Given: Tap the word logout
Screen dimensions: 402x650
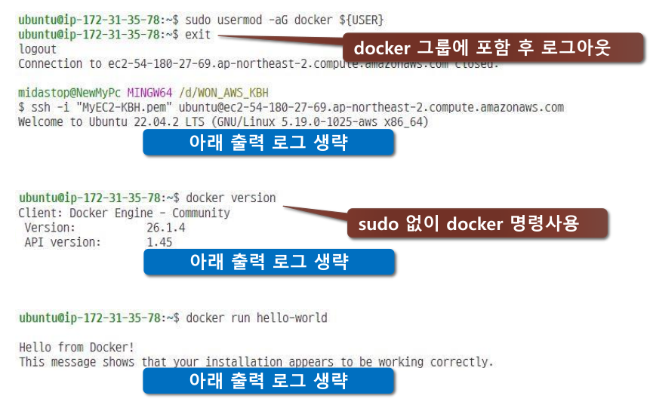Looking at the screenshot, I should tap(37, 49).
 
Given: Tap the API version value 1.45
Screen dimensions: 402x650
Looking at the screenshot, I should tap(159, 242).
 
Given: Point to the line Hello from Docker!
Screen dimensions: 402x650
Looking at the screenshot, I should tap(76, 347).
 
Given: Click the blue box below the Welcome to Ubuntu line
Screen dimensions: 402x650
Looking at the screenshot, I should tap(268, 142).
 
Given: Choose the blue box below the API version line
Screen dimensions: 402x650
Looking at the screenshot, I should tap(268, 262).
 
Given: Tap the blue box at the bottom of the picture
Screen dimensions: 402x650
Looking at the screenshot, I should tap(268, 381).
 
